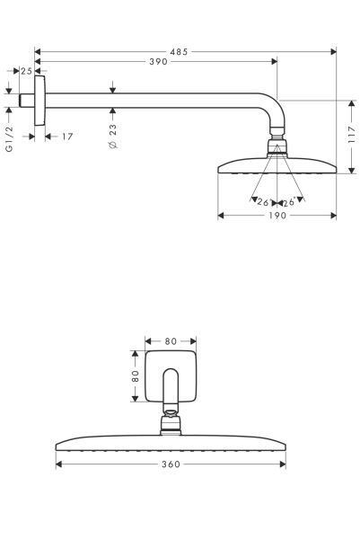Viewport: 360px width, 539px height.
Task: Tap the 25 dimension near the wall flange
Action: tap(26, 71)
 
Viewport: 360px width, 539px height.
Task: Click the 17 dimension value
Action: tap(66, 137)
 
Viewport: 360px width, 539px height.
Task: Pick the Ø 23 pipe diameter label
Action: tap(113, 136)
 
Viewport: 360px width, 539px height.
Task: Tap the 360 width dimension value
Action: tap(171, 464)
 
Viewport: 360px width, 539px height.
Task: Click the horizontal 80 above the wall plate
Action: tap(171, 340)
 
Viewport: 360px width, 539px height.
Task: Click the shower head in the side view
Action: tap(277, 166)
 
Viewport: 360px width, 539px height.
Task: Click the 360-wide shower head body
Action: tap(171, 444)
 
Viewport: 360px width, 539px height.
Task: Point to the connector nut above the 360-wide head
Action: tap(171, 422)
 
